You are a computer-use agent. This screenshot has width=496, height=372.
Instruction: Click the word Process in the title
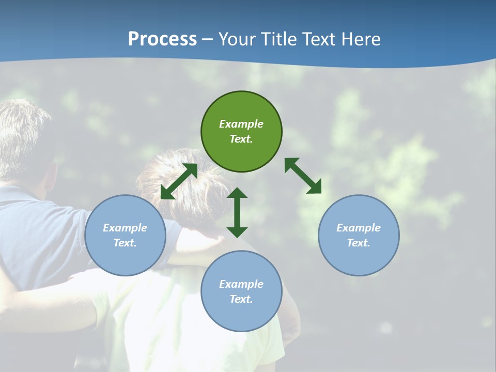point(162,39)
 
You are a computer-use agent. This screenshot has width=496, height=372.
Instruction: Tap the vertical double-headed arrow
point(237,212)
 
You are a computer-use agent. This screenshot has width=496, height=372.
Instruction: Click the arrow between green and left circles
point(179,181)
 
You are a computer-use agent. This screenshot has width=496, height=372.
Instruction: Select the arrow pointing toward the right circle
point(303,176)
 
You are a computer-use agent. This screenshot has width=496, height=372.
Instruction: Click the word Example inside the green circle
point(241,124)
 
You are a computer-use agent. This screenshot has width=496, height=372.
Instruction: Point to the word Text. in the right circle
point(359,243)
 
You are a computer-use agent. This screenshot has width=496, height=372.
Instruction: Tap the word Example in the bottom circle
point(241,284)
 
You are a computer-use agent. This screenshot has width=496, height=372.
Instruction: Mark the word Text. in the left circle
point(125,243)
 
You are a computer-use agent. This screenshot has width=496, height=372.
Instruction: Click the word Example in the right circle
point(359,228)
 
